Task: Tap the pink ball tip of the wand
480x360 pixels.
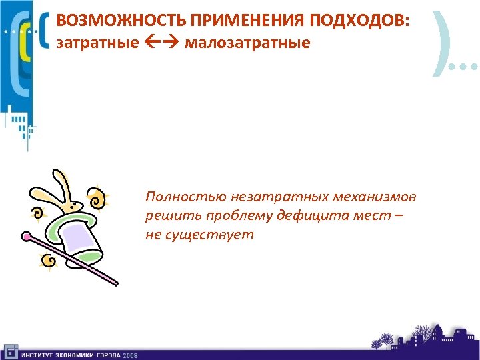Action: point(27,235)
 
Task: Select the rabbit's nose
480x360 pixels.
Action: point(81,203)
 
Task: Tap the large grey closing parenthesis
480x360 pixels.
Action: point(441,39)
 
